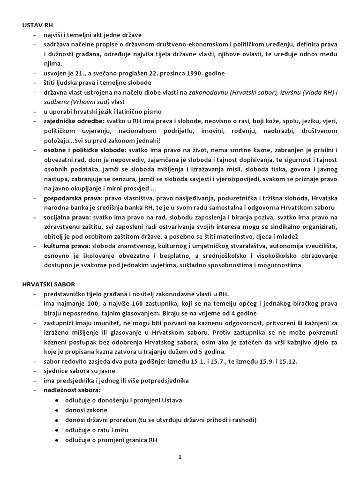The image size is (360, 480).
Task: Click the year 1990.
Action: click(x=199, y=74)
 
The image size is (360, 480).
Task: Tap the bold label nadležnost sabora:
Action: click(x=72, y=390)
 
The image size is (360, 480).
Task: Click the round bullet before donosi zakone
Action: click(x=57, y=410)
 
